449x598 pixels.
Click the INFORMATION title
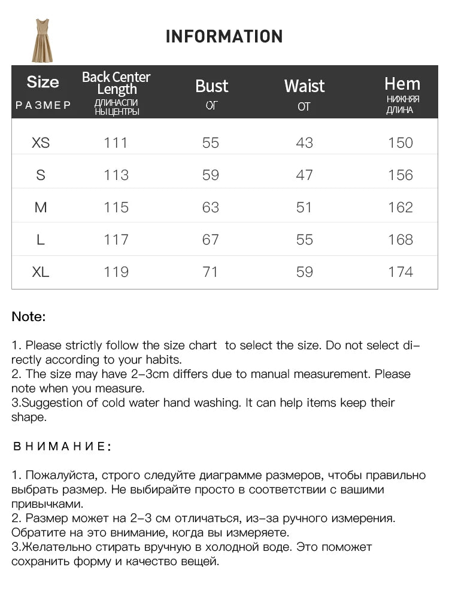coord(224,36)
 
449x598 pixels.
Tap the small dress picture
coord(42,41)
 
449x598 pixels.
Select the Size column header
coord(43,83)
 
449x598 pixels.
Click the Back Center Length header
coord(116,83)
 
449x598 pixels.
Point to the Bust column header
coord(212,87)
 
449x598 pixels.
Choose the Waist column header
coord(304,87)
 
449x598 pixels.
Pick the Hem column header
coord(402,84)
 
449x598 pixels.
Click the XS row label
coord(41,143)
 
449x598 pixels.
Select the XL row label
coord(41,272)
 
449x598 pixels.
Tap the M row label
coord(41,208)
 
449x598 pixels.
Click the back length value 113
coord(116,175)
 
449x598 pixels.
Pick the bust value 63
coord(211,208)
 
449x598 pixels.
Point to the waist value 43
coord(304,143)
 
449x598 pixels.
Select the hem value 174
coord(401,272)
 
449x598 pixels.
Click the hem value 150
coord(401,143)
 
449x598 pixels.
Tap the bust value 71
coord(211,272)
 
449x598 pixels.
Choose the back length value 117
coord(116,240)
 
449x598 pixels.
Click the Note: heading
coord(29,317)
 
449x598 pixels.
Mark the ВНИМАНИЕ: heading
coord(62,446)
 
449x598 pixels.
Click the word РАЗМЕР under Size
coord(43,106)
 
